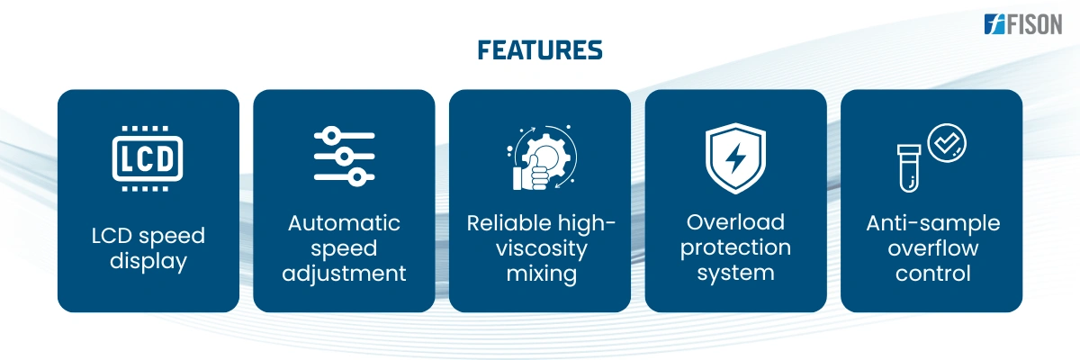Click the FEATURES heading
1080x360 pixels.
click(x=539, y=50)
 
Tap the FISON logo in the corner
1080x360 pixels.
click(x=1023, y=24)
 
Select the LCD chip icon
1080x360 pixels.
click(x=148, y=158)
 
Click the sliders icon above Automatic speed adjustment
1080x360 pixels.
click(x=344, y=157)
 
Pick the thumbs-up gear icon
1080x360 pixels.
click(x=542, y=158)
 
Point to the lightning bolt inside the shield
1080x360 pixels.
click(x=736, y=157)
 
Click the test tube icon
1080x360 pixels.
click(x=909, y=168)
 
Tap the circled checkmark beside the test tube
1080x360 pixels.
click(x=947, y=143)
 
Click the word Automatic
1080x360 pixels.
click(x=344, y=223)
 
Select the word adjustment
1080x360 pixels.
click(x=344, y=274)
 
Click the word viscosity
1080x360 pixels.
click(x=542, y=248)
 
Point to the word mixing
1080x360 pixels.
click(x=542, y=274)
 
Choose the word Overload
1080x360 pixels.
click(x=736, y=222)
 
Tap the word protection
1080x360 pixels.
click(x=736, y=247)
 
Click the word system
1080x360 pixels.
click(x=736, y=274)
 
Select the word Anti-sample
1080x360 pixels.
click(x=933, y=223)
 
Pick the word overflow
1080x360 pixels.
click(x=933, y=248)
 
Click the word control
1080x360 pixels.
click(x=933, y=274)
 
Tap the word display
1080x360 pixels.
click(x=148, y=262)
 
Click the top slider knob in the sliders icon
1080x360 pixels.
click(x=331, y=136)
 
